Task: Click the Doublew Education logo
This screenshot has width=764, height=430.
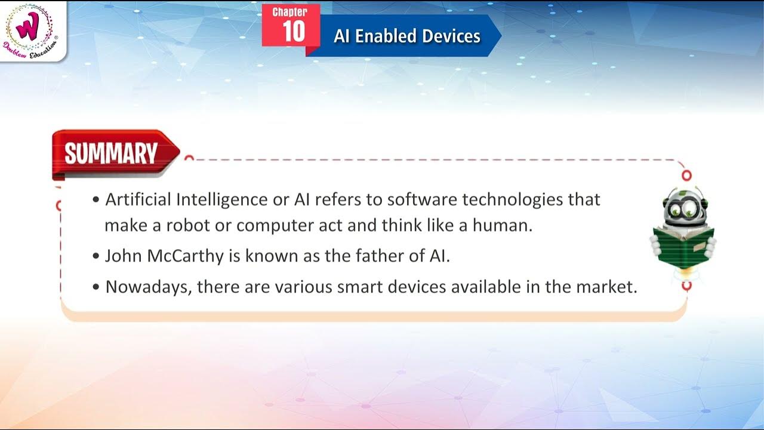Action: point(31,30)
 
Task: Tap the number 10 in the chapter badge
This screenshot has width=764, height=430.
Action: point(294,32)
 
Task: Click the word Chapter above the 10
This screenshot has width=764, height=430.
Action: point(290,12)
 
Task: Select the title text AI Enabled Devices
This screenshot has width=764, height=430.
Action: point(407,36)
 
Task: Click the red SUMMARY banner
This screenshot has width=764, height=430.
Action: point(112,153)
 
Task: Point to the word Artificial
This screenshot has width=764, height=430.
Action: point(138,199)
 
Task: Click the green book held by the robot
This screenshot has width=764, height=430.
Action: point(683,245)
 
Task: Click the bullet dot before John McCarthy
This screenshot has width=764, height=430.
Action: point(96,256)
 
